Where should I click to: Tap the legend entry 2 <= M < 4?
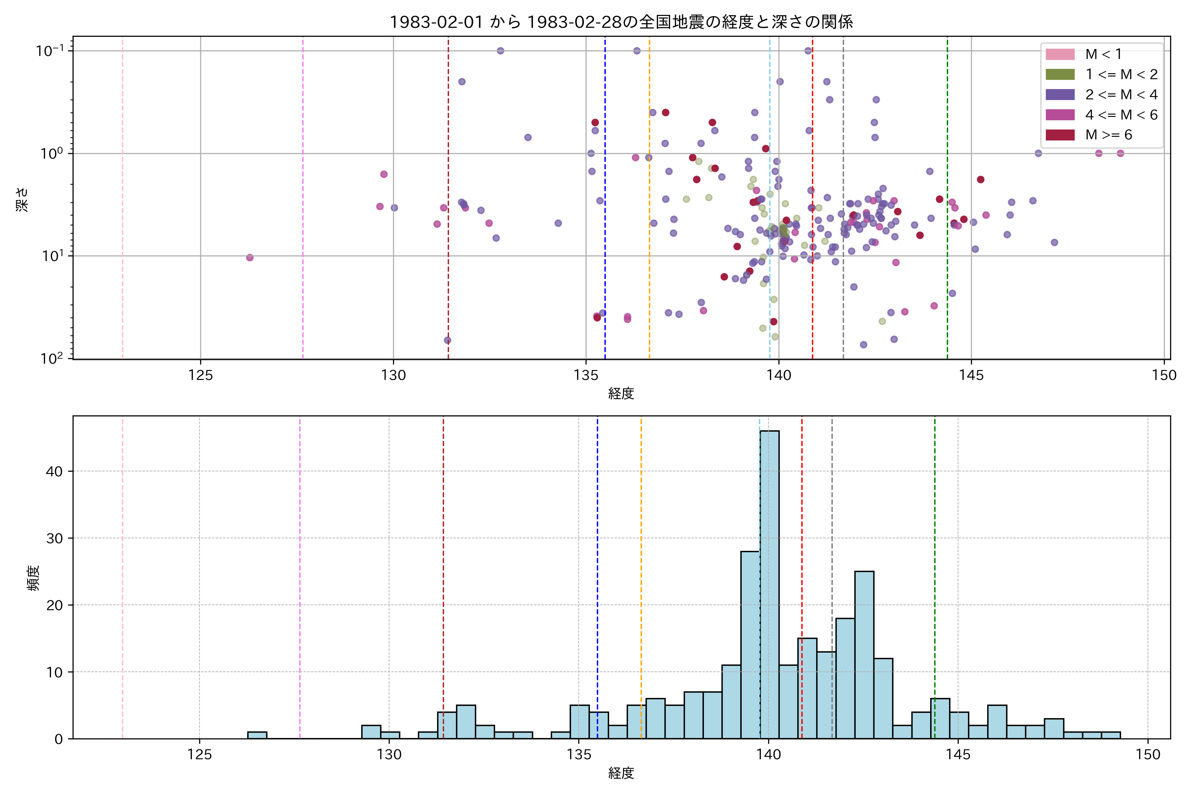coord(1121,95)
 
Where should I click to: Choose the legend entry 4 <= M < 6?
coord(1121,115)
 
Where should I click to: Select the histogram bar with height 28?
coord(750,644)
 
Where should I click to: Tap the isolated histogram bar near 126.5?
coord(257,735)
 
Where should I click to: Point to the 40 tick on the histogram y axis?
coord(54,471)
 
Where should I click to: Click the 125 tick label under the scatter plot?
coord(200,376)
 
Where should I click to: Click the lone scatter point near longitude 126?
coord(250,258)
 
